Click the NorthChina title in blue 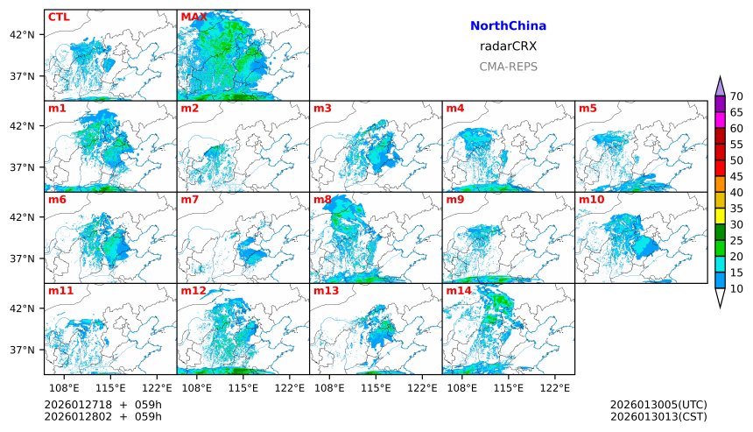[508, 26]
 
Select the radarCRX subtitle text [508, 46]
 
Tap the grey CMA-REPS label [508, 67]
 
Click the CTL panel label [59, 17]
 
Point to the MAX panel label [194, 17]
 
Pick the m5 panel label [588, 109]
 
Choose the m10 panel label [591, 200]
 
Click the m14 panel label [458, 290]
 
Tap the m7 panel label [190, 200]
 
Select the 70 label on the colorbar [736, 96]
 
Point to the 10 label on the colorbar [736, 288]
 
